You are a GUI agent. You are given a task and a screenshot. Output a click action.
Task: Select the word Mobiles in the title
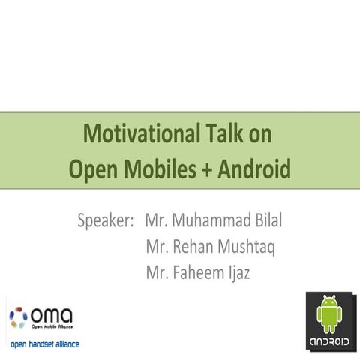pyautogui.click(x=156, y=169)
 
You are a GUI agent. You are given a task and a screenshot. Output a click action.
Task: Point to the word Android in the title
pyautogui.click(x=253, y=169)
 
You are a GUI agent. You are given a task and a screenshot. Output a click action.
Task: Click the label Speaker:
pyautogui.click(x=106, y=221)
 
